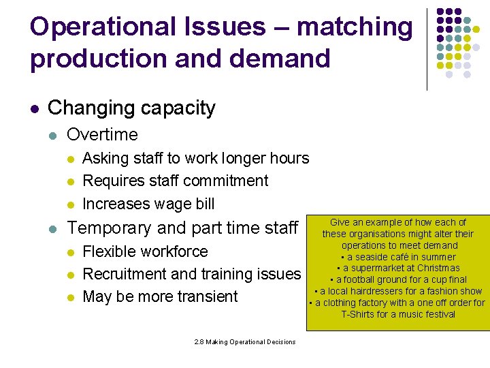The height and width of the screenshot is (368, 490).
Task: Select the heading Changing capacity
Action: pos(131,108)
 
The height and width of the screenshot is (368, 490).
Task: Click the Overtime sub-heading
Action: pos(102,134)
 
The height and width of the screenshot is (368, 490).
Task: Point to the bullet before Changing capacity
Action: pos(35,108)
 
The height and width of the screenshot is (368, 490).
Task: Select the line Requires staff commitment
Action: pos(175,181)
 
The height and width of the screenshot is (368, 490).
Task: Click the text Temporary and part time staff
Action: pos(183,228)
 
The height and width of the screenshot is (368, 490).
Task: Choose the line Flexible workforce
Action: pos(145,251)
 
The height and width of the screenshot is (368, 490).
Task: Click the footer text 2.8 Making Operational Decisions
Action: pos(245,341)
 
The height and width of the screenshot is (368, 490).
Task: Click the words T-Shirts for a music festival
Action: pos(398,314)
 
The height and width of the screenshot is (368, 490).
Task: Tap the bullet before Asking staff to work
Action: pos(69,159)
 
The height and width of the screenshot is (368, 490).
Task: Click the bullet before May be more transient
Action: pos(69,297)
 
